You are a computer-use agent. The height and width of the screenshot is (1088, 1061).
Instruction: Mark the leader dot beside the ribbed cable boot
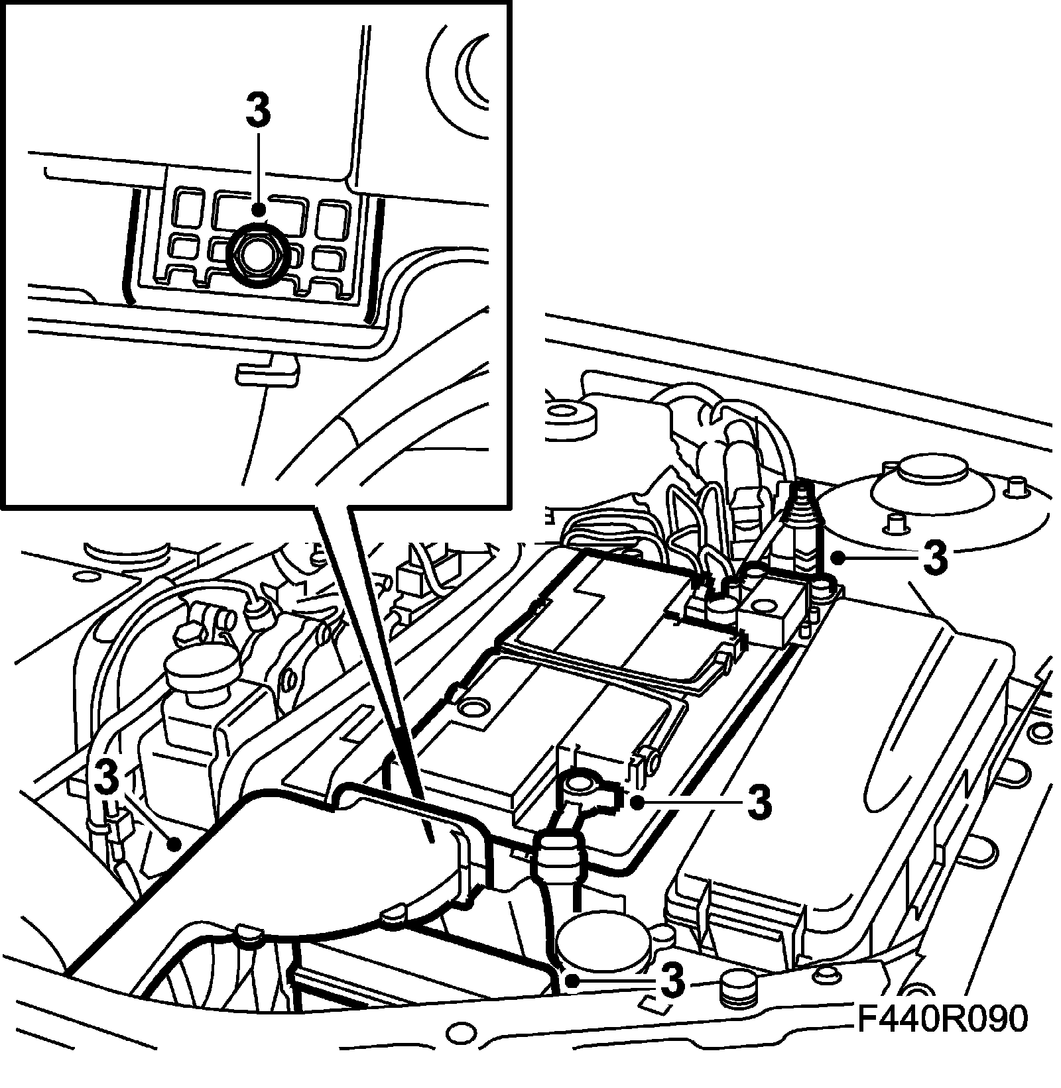coord(839,558)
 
